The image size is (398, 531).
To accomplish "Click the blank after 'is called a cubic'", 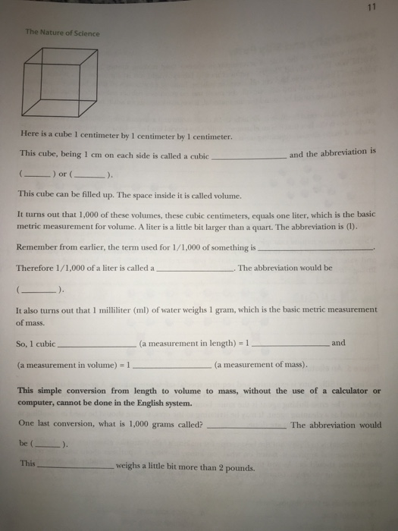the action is (247, 157).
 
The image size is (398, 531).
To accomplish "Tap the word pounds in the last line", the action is (239, 467).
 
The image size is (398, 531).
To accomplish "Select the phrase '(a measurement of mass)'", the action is (262, 365).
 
